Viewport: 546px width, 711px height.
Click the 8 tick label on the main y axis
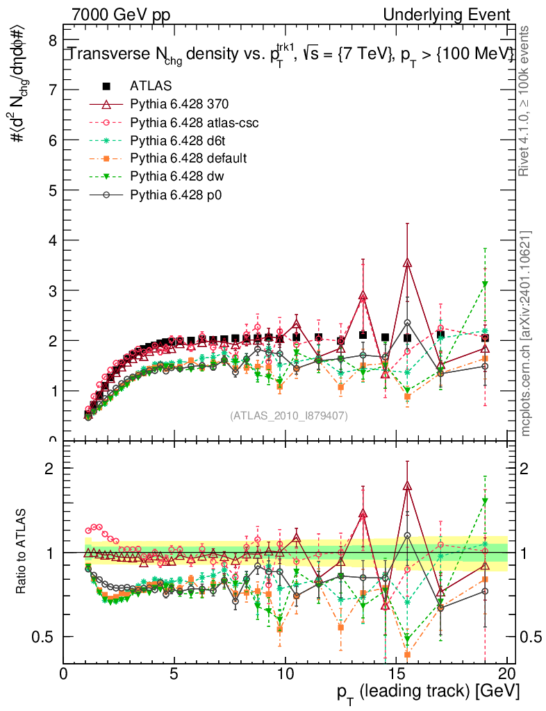[52, 40]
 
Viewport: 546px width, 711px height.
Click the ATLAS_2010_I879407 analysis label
[289, 415]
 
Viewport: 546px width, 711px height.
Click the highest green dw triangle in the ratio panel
[485, 501]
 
